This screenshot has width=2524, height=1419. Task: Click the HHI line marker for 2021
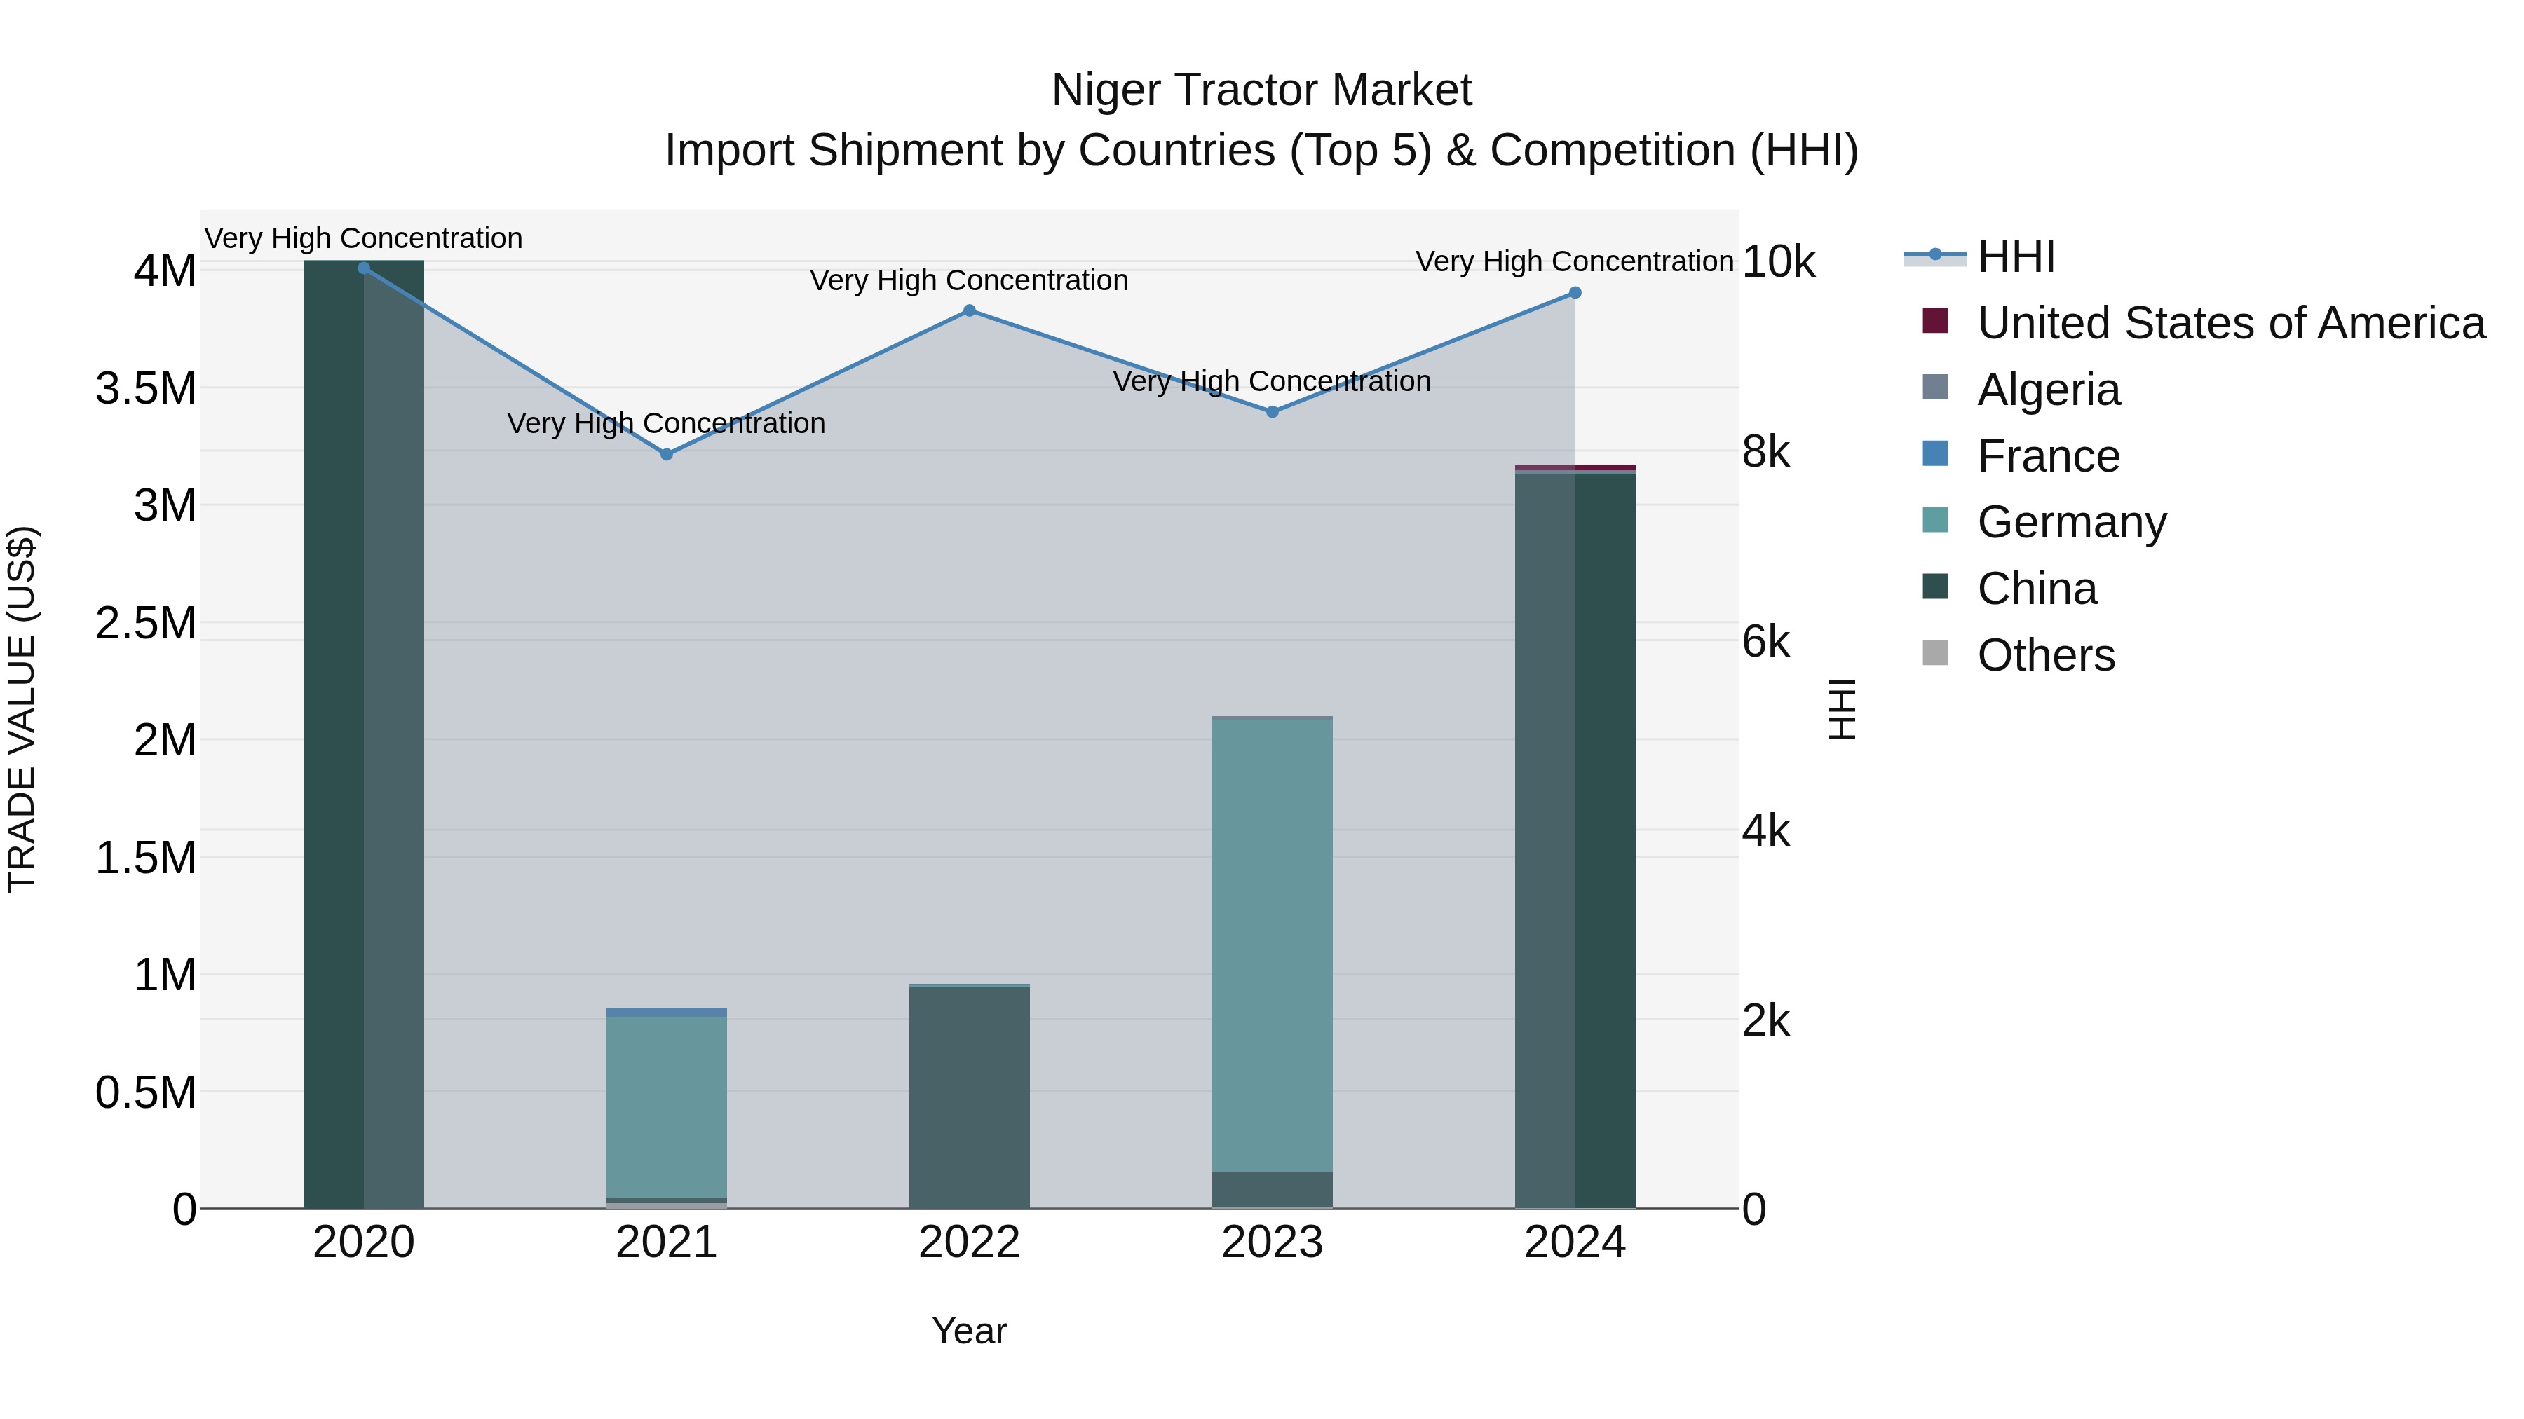(666, 454)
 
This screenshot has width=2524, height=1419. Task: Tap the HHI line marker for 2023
(1272, 412)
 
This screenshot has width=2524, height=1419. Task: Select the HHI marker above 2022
(969, 310)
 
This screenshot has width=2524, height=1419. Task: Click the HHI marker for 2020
(363, 268)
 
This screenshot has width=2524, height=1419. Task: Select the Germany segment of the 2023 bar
(1272, 945)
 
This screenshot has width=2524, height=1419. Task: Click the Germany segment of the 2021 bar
(666, 1106)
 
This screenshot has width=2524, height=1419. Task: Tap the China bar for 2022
(969, 1097)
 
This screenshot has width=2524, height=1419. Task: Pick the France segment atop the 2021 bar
(666, 1012)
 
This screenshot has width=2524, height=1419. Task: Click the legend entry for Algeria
(2048, 390)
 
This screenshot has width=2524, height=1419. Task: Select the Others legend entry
(2045, 655)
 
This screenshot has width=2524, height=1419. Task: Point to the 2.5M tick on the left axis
(146, 623)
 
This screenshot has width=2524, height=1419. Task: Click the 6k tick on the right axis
(1765, 643)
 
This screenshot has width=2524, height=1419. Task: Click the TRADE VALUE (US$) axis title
(22, 709)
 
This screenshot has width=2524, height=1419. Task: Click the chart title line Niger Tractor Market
(1261, 90)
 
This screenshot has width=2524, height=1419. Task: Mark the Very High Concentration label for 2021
(666, 423)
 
